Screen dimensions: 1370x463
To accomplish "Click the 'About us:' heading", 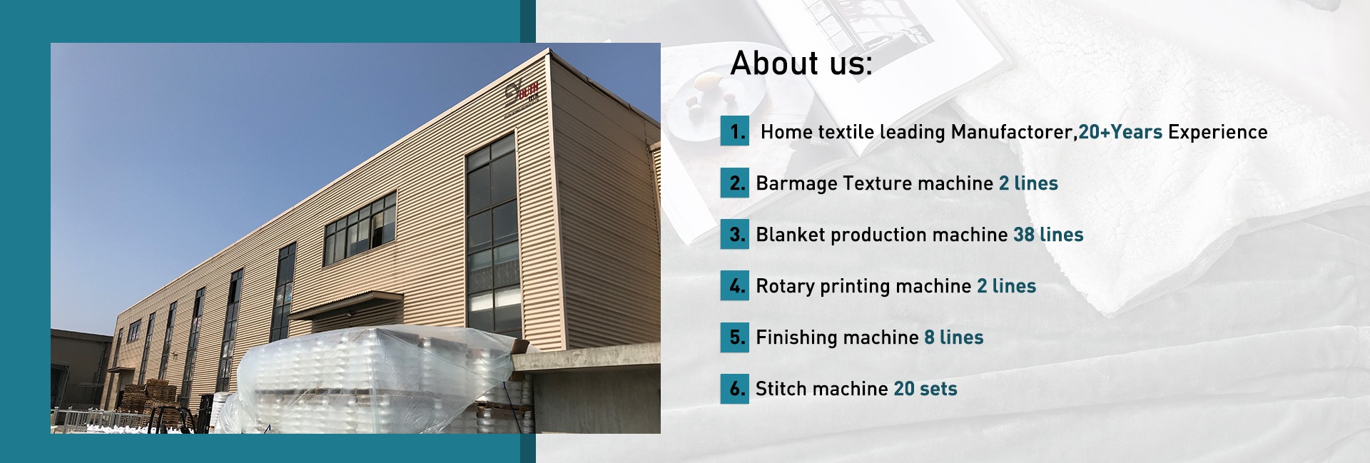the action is pyautogui.click(x=801, y=63).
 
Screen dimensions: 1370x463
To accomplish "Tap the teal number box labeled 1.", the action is pyautogui.click(x=735, y=131).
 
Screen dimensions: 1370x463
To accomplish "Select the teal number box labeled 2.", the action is pyautogui.click(x=735, y=183).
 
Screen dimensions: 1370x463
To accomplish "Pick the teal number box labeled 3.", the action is pyautogui.click(x=735, y=234).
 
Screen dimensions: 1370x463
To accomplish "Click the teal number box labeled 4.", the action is pyautogui.click(x=735, y=285).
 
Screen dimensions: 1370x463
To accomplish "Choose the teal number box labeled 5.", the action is pyautogui.click(x=735, y=337).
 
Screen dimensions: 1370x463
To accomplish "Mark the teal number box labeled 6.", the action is pyautogui.click(x=735, y=388).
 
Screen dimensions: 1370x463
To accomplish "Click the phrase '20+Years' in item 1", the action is pyautogui.click(x=1120, y=132).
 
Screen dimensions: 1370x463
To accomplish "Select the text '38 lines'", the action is pyautogui.click(x=1048, y=235).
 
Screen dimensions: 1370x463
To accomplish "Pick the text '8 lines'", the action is pyautogui.click(x=954, y=337).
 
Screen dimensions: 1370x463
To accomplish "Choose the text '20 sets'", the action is pyautogui.click(x=925, y=389).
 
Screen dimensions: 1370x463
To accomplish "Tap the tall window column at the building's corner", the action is pyautogui.click(x=492, y=235).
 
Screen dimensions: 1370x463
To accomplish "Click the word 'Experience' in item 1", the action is pyautogui.click(x=1218, y=133).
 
